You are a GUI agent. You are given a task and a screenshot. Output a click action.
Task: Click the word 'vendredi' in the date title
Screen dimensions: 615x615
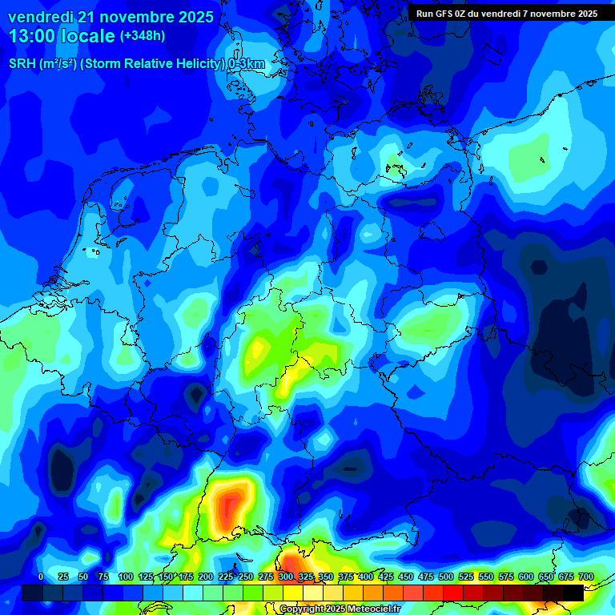tap(40, 17)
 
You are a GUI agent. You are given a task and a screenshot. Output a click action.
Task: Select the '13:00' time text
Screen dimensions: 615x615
tap(32, 36)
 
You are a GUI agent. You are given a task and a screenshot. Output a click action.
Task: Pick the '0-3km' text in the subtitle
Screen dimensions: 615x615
tap(247, 64)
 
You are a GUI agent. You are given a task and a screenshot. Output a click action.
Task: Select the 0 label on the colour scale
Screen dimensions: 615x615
tap(41, 577)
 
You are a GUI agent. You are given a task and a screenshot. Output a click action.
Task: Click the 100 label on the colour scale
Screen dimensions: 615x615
tap(126, 577)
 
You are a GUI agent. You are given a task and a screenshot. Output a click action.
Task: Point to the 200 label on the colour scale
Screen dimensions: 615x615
tap(206, 577)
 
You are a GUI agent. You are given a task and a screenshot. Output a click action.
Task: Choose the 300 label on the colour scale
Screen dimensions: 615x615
tap(286, 577)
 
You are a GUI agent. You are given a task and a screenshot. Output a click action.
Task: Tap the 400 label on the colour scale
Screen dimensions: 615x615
tap(366, 577)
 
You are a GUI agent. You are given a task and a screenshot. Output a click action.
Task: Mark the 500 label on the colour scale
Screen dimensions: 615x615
tap(446, 577)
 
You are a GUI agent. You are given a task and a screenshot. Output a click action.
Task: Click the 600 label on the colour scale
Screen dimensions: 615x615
tap(526, 577)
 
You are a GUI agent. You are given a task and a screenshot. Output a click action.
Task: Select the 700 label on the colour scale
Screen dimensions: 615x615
tap(585, 577)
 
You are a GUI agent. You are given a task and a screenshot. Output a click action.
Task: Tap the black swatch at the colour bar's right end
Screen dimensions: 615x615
tap(573, 593)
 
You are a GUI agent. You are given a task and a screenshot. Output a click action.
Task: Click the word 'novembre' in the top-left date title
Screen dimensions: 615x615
tap(127, 17)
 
